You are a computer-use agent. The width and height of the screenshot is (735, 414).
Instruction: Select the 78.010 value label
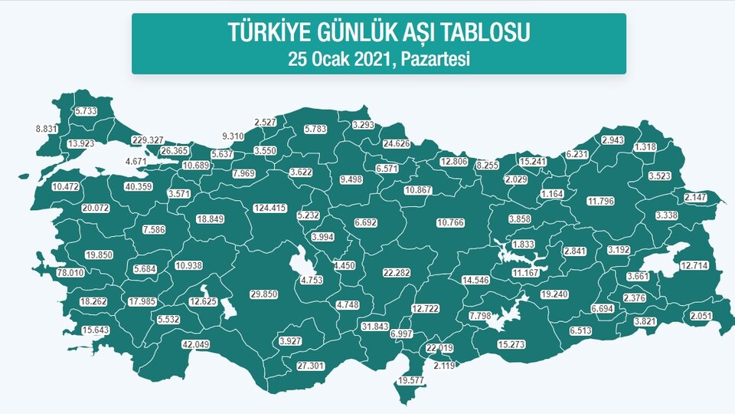pos(49,273)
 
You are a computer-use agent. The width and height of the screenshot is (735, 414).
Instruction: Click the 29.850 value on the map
pos(263,294)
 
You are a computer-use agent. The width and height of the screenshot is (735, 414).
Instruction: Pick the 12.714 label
pos(694,265)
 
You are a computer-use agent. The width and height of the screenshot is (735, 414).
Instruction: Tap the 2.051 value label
pos(701,316)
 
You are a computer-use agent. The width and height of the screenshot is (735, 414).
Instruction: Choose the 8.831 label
pos(47,129)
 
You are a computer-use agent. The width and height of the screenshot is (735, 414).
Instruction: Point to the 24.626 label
pos(397,143)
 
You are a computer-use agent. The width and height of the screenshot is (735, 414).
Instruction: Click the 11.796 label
pos(600,202)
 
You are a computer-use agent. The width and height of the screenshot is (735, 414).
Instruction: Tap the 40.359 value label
pos(139,186)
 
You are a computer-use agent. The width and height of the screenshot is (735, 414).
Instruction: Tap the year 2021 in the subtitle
pos(371,58)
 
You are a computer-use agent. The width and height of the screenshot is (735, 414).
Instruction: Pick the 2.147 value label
pos(697,198)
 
